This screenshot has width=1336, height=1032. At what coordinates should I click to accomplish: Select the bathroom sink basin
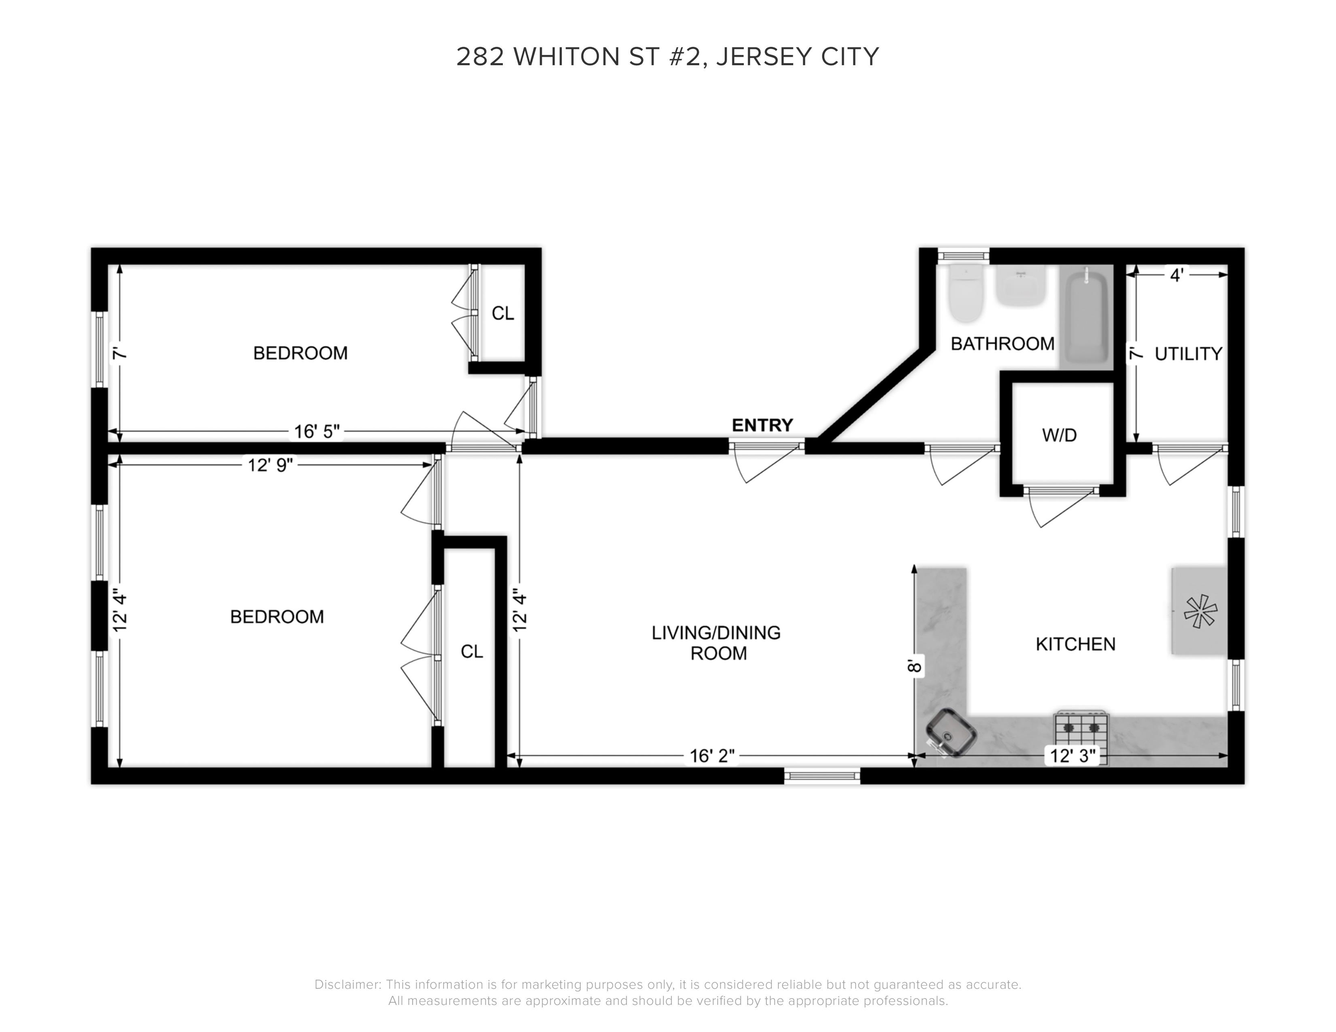tap(1020, 285)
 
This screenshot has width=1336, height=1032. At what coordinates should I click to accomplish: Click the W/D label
tap(1059, 435)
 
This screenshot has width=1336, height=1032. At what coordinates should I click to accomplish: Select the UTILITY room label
tap(1188, 353)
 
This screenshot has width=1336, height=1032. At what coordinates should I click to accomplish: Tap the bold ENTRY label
tap(762, 425)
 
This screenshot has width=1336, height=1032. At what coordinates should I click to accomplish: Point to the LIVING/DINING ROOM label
tap(716, 643)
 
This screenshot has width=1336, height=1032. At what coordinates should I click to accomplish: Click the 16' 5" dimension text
tap(316, 432)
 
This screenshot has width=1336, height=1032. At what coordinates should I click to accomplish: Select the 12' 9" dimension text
tap(270, 465)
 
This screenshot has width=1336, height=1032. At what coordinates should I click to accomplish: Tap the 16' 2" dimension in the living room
tap(712, 756)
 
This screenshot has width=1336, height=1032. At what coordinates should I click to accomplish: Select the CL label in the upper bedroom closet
tap(503, 313)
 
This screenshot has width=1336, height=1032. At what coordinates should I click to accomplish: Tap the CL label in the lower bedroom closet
tap(471, 652)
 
